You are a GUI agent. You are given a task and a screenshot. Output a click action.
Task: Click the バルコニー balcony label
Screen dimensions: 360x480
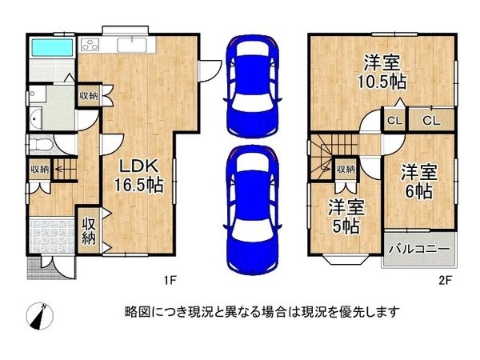[418, 250]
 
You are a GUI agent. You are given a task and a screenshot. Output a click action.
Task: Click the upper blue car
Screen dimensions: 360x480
[252, 86]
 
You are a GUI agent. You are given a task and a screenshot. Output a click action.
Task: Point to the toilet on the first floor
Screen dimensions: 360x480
[40, 145]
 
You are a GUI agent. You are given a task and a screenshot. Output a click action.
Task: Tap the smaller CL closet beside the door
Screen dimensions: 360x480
[394, 121]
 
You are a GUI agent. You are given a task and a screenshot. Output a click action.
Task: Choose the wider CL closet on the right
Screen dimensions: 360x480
[430, 121]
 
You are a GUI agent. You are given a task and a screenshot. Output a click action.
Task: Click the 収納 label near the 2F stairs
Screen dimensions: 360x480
[345, 169]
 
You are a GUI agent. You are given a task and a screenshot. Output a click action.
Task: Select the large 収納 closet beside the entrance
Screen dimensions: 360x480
[89, 230]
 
